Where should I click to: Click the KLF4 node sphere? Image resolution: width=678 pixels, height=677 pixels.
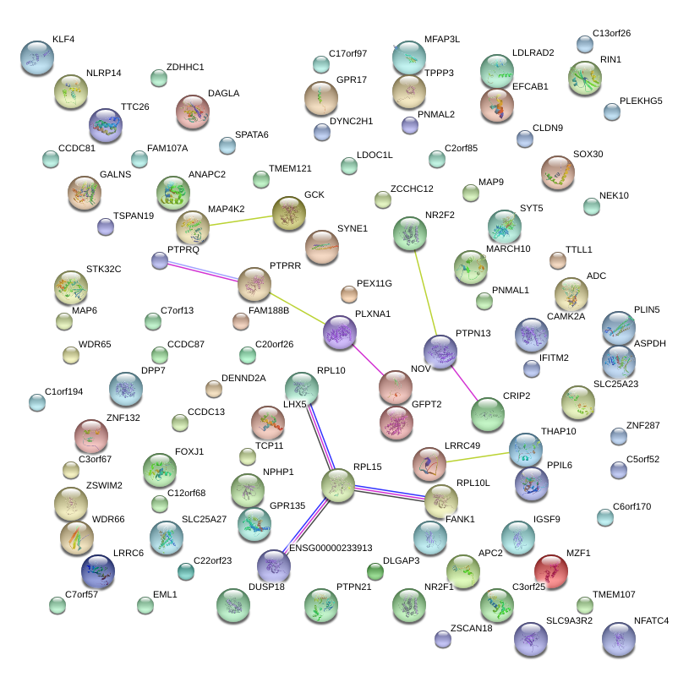[x=36, y=57]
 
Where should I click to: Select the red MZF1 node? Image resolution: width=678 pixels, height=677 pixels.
[x=551, y=571]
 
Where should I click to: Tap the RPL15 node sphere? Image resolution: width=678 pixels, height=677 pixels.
[x=338, y=484]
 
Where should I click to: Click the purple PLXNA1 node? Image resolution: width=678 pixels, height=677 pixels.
[x=340, y=333]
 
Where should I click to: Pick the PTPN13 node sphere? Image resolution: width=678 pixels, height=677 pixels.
[x=440, y=351]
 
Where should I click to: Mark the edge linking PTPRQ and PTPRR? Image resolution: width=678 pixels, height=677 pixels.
[x=206, y=272]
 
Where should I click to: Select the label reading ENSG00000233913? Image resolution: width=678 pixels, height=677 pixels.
[x=331, y=548]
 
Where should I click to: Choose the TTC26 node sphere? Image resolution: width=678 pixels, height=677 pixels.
[x=107, y=125]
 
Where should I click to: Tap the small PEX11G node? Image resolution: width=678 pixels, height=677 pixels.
[x=349, y=294]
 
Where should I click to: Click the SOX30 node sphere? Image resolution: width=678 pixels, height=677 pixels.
[x=558, y=172]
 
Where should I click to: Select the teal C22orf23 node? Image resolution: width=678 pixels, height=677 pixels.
[x=185, y=571]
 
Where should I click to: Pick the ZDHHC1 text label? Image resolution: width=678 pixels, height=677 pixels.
[x=185, y=67]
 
